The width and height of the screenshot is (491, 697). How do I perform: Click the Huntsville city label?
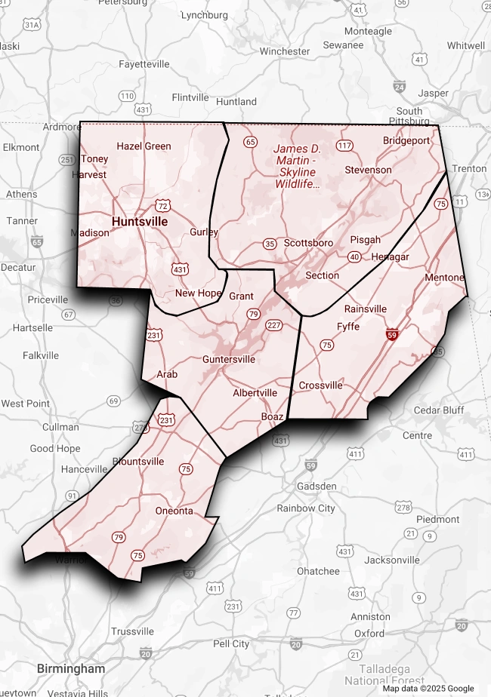tap(140, 222)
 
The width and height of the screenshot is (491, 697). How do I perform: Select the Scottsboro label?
tap(309, 243)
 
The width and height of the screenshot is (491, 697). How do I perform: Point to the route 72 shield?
tap(162, 205)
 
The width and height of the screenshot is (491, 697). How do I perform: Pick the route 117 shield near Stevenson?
tap(345, 145)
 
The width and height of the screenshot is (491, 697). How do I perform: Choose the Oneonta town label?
tap(174, 511)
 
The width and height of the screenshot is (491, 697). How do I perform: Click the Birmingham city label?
tap(71, 668)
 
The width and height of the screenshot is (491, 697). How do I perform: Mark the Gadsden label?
tap(317, 487)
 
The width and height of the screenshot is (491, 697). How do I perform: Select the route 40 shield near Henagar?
tap(354, 257)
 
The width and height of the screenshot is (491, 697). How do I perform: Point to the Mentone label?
tap(444, 278)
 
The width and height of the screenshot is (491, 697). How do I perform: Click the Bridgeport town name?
tap(406, 140)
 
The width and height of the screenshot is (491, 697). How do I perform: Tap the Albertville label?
tap(255, 393)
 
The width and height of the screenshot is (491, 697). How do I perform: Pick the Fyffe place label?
tap(348, 327)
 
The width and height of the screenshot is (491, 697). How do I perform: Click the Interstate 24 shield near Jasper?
tap(400, 88)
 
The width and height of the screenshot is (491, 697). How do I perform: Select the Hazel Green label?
tap(144, 146)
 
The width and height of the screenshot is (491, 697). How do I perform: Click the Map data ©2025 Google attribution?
tap(428, 688)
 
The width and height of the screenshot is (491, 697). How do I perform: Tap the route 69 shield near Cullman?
tap(113, 401)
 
